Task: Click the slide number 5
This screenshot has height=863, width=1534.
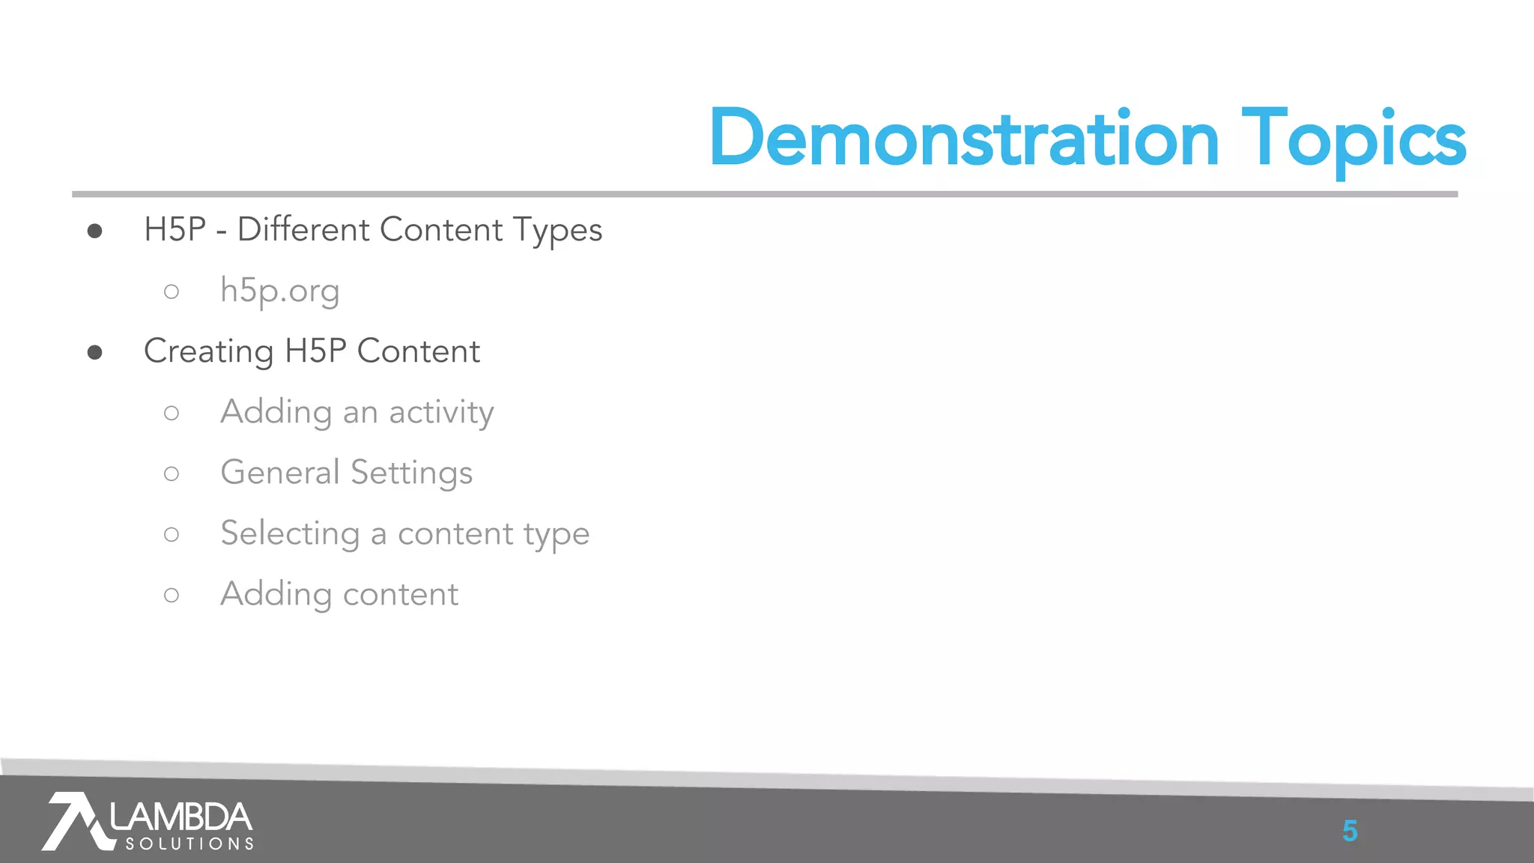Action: [1350, 831]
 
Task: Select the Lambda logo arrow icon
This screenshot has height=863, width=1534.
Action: [73, 821]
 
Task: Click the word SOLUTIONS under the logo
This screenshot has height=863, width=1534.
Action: [190, 844]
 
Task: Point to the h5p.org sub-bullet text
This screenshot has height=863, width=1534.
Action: [279, 291]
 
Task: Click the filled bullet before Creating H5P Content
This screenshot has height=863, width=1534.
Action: [94, 352]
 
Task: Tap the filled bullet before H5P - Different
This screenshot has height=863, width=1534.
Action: [94, 231]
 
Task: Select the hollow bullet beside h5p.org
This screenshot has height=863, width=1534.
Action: [172, 291]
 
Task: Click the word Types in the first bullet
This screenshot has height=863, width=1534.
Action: [558, 231]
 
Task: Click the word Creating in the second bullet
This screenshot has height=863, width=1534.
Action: [208, 351]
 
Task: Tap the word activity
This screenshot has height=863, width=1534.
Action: [441, 413]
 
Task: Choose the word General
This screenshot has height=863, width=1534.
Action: [280, 473]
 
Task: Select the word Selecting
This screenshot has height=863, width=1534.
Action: [290, 534]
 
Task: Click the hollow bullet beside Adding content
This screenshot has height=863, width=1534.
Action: [172, 595]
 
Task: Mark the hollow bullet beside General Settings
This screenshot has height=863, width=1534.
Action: [172, 473]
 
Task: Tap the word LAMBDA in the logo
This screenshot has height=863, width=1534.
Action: [181, 817]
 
